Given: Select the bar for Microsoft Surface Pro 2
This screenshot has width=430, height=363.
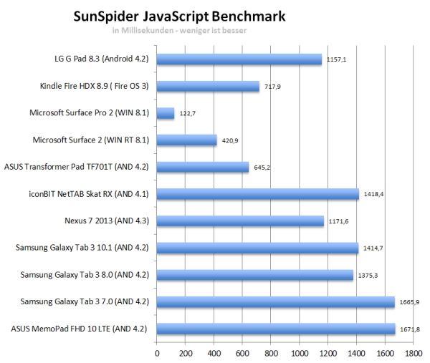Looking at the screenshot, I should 166,113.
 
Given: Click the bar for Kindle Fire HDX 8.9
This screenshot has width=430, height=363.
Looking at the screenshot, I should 208,87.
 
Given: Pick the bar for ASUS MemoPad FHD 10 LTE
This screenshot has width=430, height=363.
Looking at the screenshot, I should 276,329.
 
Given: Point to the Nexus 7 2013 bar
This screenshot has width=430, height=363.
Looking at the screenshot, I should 240,221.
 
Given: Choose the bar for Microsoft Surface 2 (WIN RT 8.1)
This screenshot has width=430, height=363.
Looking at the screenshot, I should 186,140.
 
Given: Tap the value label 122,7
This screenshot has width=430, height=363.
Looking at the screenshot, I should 187,113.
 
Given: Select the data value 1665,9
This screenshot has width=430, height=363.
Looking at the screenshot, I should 408,302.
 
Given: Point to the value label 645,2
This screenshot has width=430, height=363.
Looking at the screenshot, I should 262,168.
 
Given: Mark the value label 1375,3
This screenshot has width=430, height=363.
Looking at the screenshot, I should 365,275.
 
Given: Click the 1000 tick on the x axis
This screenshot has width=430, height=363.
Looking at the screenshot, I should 299,352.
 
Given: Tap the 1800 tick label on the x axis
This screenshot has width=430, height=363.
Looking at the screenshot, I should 413,352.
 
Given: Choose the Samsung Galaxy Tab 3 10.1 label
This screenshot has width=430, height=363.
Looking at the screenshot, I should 82,248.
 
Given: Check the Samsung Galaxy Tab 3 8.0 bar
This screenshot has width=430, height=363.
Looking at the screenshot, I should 255,275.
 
